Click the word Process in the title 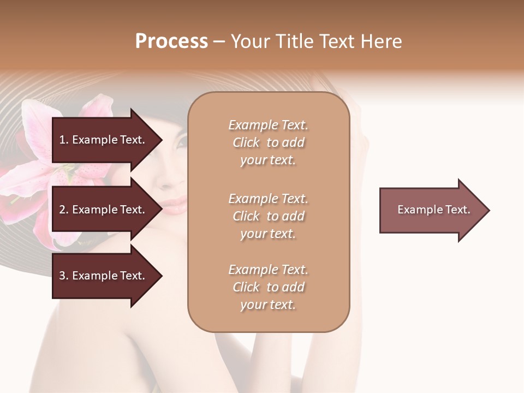coord(171,41)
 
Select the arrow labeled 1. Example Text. coord(104,140)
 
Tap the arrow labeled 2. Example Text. coord(104,210)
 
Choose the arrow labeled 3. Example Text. coord(104,276)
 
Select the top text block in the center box coord(268,142)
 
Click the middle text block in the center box coord(268,216)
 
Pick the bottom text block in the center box coord(268,287)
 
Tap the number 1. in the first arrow coord(64,140)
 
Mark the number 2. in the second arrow coord(64,210)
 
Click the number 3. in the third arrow coord(64,276)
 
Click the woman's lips coord(175,206)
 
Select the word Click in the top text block coord(246,142)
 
